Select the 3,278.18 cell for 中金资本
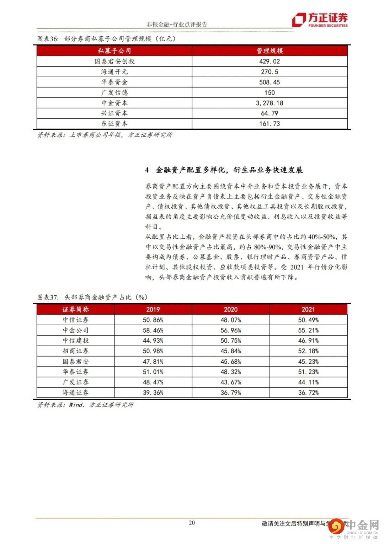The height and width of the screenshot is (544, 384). tap(270, 103)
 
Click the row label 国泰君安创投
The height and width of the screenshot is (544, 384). tap(114, 61)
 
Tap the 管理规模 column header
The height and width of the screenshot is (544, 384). tap(270, 51)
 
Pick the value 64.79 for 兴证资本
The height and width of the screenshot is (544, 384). tap(270, 113)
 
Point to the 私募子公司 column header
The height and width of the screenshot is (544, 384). tap(114, 51)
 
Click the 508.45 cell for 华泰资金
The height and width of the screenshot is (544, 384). tap(270, 82)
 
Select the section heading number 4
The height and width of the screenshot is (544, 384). tap(147, 170)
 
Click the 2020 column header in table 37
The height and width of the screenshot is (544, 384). tap(230, 310)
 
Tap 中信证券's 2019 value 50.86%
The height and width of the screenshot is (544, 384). tap(153, 320)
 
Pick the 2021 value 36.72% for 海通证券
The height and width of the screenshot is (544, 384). tap(308, 393)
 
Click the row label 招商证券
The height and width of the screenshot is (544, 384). tap(76, 351)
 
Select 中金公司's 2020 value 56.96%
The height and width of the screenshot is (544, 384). tap(230, 330)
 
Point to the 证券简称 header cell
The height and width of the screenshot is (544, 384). tap(76, 310)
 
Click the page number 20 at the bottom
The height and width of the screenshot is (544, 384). tap(192, 523)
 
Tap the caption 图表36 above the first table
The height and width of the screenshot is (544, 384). tap(48, 39)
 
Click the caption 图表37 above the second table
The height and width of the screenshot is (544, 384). tap(48, 297)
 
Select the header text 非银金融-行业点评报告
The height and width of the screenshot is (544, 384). tap(177, 24)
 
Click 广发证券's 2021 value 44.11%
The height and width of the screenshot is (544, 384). tap(308, 382)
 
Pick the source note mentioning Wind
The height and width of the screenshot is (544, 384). tap(86, 405)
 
